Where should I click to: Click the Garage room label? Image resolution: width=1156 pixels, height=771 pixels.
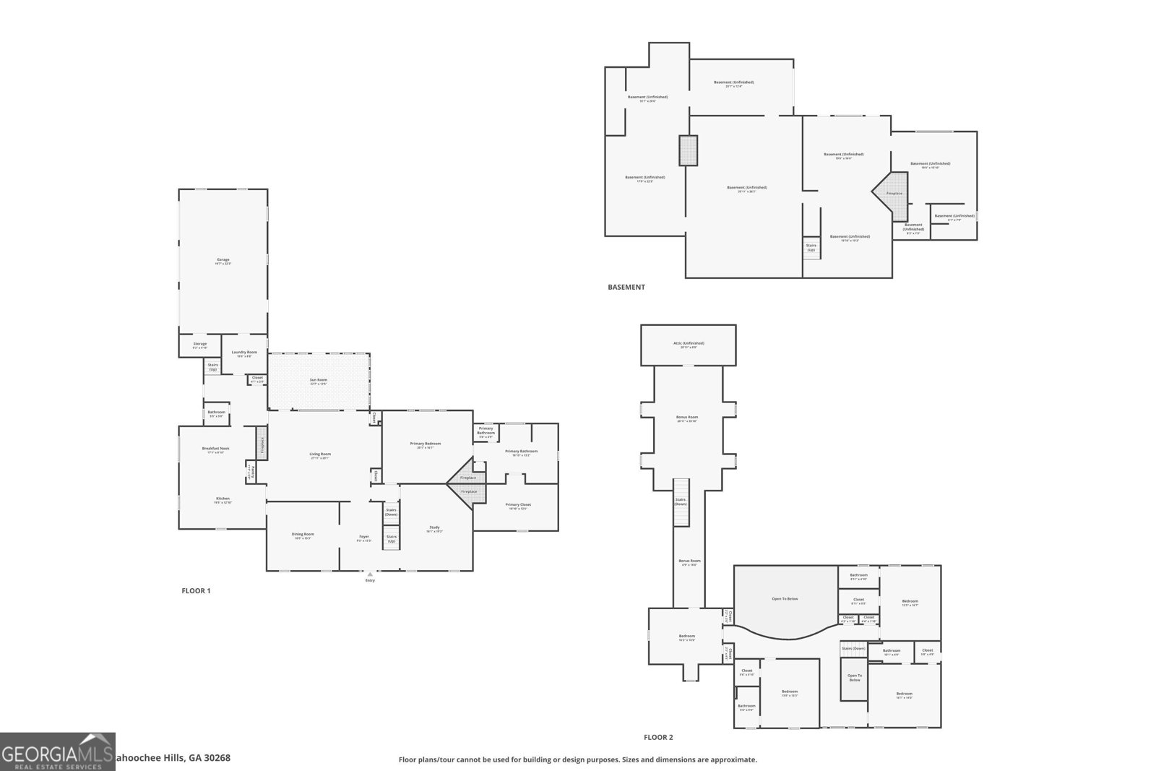[223, 259]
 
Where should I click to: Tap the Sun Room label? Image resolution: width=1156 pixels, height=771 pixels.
[319, 380]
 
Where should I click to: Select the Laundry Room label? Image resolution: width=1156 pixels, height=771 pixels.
[244, 353]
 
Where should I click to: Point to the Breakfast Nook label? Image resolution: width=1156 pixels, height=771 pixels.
[215, 449]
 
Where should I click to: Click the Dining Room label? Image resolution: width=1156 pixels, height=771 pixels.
[303, 534]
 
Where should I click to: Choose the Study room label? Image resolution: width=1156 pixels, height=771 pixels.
[434, 527]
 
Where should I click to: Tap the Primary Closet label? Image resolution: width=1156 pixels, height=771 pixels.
[518, 505]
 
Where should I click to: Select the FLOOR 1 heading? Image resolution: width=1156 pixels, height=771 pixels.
[196, 591]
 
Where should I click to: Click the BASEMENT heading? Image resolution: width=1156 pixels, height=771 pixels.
[626, 288]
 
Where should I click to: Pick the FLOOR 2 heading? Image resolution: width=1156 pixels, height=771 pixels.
[658, 738]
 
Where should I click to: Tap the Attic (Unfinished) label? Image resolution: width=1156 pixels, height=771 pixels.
[688, 343]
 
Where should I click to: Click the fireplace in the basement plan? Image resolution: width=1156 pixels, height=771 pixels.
[893, 194]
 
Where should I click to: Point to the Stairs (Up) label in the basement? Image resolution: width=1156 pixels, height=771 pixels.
[811, 247]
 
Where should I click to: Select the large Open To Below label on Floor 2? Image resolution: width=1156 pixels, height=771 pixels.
[785, 599]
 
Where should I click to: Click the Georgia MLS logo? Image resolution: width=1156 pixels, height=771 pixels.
[57, 751]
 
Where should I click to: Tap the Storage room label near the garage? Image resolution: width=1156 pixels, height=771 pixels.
[200, 345]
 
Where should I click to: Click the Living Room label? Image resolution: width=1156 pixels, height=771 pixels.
[320, 455]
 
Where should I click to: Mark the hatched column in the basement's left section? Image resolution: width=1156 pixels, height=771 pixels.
[689, 150]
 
